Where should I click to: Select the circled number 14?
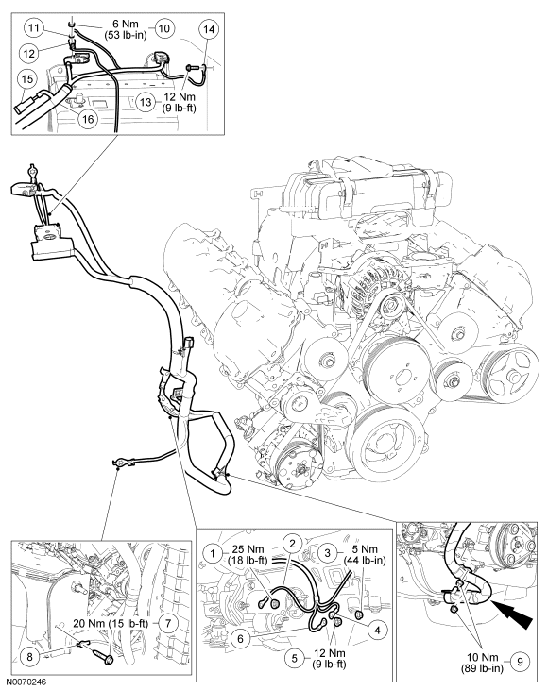point(209,29)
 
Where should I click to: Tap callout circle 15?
point(26,79)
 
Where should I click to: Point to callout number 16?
point(88,119)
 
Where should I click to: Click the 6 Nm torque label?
point(126,29)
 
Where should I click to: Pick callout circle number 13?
point(146,102)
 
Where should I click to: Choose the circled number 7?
point(168,623)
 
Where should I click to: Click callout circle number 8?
point(30,657)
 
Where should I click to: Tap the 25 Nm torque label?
point(249,554)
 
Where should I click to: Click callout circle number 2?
point(292,543)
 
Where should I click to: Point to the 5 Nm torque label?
point(365,554)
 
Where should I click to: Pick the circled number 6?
point(241,638)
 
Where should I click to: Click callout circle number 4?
point(377,631)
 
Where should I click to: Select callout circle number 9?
point(521,662)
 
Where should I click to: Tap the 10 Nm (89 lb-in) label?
point(483,663)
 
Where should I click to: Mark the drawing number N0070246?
point(25,682)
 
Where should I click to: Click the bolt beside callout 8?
point(104,656)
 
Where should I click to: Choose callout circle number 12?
point(29,54)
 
